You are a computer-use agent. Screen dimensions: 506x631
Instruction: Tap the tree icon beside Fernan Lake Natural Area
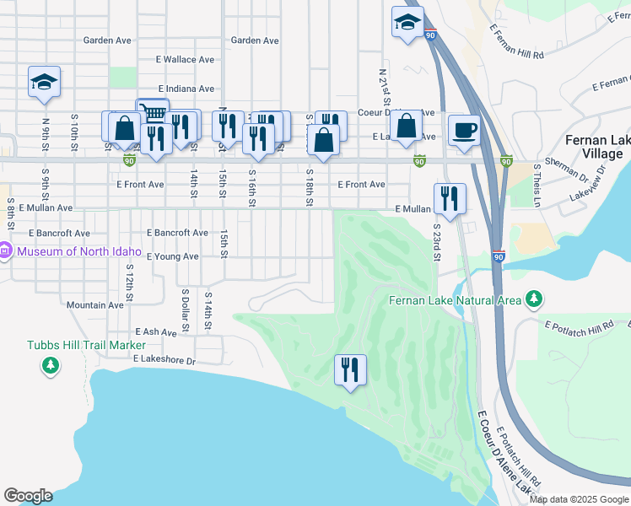(533, 299)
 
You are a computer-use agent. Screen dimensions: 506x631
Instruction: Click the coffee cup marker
(464, 131)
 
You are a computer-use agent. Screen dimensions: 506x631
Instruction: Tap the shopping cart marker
(152, 113)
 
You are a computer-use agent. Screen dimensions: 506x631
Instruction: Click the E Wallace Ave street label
(186, 60)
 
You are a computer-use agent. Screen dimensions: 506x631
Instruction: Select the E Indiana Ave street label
(186, 89)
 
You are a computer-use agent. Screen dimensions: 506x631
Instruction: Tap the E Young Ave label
(172, 256)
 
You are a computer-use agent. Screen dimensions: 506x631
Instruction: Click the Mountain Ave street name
(95, 305)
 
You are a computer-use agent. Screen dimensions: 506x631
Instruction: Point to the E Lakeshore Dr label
(164, 360)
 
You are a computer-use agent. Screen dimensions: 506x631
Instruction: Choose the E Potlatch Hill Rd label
(580, 326)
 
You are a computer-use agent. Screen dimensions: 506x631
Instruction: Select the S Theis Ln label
(537, 186)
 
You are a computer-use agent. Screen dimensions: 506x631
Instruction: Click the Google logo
(28, 496)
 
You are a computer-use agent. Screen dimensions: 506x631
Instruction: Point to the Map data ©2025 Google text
(580, 499)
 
